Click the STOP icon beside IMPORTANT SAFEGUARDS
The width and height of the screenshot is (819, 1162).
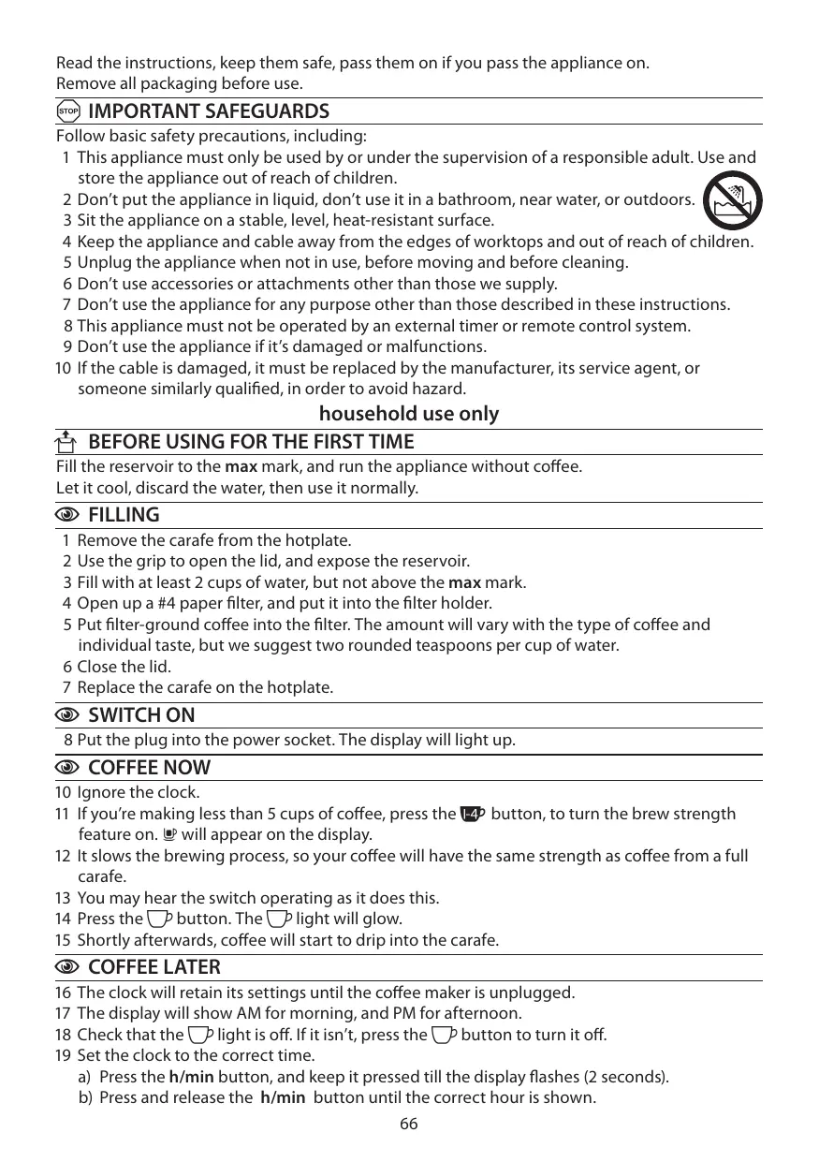pos(67,112)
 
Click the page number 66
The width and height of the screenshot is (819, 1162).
pos(409,1124)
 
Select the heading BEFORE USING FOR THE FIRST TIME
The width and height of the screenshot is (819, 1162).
pos(250,441)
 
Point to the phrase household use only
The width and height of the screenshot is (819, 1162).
pos(409,414)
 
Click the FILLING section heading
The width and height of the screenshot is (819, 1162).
pos(123,515)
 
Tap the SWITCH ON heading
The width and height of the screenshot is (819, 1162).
pos(141,715)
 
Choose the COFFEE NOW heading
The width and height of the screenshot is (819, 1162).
pos(149,768)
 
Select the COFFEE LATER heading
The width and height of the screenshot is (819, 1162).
pos(154,967)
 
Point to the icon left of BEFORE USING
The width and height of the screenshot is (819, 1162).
pos(67,441)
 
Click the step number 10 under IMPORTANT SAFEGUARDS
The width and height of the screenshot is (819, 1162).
pos(64,368)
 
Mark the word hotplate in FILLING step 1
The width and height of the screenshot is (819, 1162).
pos(322,540)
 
